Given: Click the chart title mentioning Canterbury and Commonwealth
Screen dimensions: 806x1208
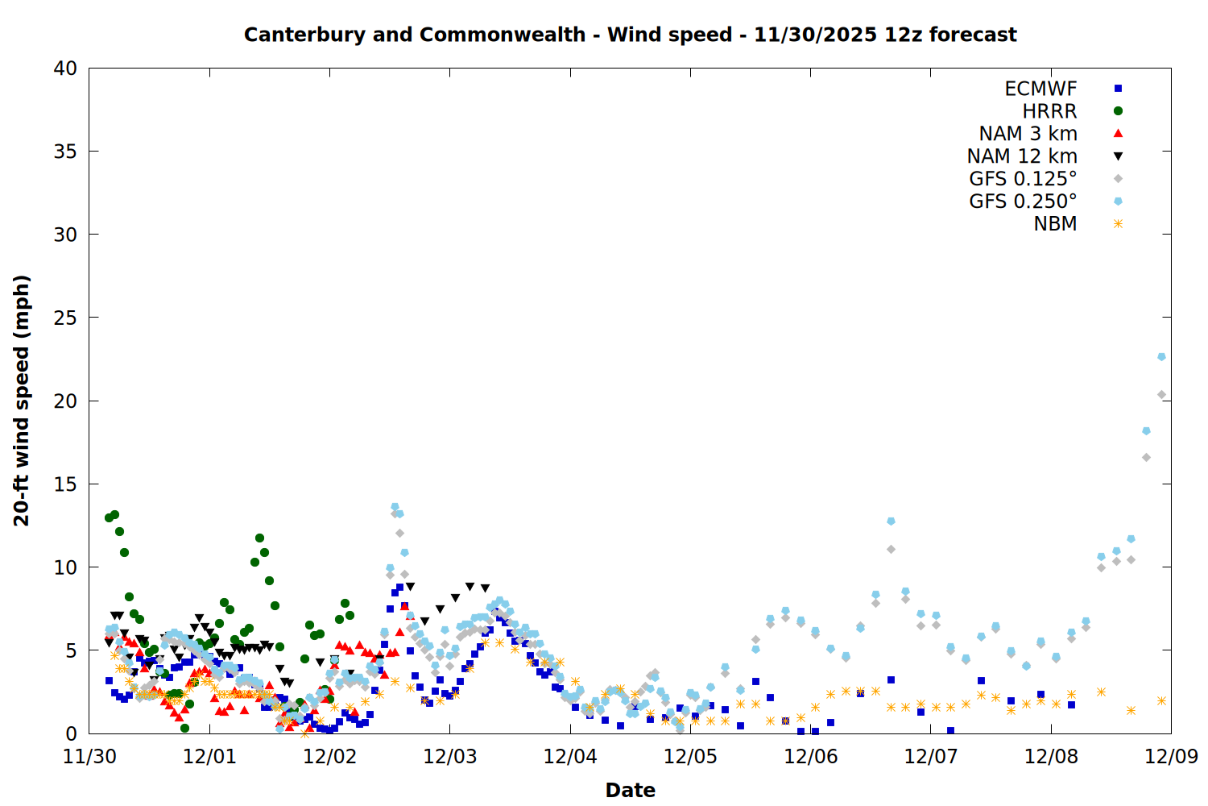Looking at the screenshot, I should point(630,35).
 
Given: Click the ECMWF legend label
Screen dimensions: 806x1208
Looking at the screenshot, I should point(1040,89).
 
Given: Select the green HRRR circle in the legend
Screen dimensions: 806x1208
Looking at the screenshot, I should point(1118,111).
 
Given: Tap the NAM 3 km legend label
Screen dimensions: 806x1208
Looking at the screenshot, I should point(1028,134).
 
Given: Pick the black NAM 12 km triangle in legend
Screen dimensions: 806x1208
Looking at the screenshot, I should point(1118,156).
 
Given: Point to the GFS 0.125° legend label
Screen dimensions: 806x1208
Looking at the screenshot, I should point(1023,179).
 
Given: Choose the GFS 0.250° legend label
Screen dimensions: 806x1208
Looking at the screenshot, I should point(1023,201).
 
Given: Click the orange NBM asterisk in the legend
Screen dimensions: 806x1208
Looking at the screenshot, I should point(1118,224).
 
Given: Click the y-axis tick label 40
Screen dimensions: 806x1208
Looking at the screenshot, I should point(65,69).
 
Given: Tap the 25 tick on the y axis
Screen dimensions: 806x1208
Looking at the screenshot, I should point(65,318).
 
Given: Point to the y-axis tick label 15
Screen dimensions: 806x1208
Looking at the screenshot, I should point(65,484).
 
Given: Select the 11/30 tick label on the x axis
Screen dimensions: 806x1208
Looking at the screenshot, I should point(89,757).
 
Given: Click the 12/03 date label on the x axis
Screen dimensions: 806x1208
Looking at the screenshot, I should point(450,757).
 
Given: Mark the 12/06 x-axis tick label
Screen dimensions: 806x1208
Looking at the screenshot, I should point(811,757).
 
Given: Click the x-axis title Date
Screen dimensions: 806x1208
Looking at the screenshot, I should point(630,790).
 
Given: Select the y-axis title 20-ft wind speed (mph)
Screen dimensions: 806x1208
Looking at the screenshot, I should point(22,401).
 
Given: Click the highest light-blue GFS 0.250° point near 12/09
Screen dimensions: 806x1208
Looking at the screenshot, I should point(1161,356).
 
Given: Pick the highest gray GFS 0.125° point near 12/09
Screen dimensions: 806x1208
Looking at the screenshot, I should point(1161,395).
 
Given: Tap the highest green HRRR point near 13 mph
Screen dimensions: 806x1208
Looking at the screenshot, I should point(114,514).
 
